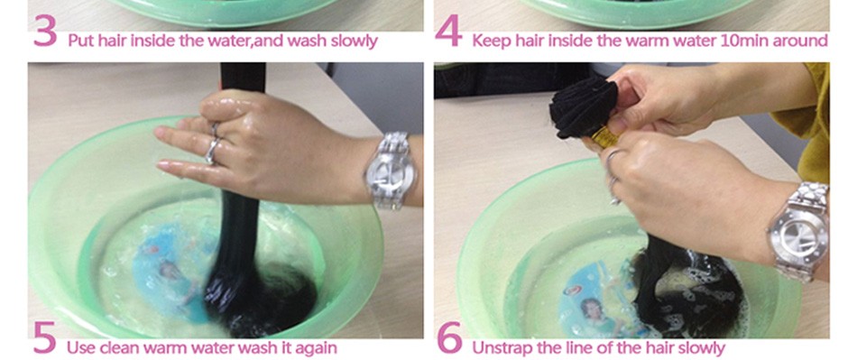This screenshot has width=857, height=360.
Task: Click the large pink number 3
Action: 45,32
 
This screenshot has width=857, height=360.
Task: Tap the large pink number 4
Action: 448,32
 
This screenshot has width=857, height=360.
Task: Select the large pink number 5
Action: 44,337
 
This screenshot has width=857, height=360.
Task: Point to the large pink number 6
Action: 450,337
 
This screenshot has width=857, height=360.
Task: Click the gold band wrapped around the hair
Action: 604,136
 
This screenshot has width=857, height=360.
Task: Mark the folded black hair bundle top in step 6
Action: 583,108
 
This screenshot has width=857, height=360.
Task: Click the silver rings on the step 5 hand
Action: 213,144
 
